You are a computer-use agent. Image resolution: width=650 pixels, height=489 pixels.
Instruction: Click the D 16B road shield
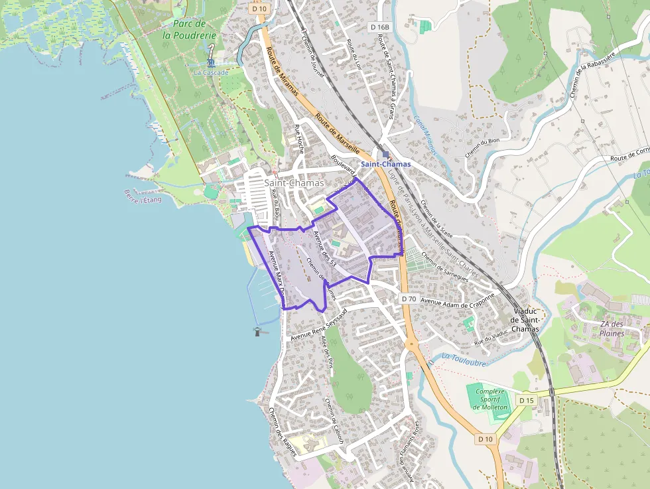[380, 27]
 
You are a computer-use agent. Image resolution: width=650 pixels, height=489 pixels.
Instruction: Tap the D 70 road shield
[409, 299]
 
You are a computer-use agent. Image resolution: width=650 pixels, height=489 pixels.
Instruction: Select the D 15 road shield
[526, 400]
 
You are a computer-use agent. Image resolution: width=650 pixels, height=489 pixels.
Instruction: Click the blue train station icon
[385, 154]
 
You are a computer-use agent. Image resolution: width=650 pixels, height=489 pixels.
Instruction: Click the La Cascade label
[211, 72]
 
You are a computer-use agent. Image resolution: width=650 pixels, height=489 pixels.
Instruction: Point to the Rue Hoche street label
[299, 139]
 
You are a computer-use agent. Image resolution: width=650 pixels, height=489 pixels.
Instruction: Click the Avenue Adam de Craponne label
[458, 299]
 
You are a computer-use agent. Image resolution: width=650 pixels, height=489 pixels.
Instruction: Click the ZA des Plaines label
[612, 328]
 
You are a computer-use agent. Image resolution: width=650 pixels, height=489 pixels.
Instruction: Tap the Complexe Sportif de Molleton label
[490, 399]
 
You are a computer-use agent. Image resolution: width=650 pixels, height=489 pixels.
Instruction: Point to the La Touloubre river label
[464, 360]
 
